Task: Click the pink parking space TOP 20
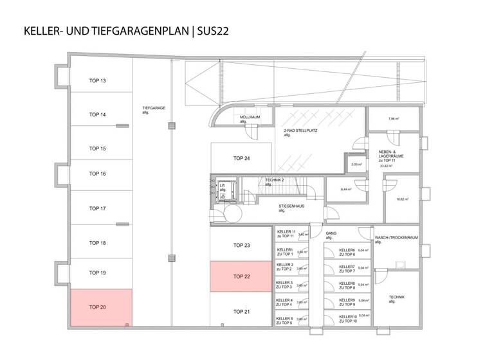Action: [100, 308]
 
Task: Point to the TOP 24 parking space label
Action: [241, 158]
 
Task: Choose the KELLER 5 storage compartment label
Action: [284, 320]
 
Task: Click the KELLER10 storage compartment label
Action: [347, 318]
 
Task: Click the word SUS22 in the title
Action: [213, 30]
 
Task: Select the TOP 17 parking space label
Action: [97, 208]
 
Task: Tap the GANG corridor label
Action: [331, 235]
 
